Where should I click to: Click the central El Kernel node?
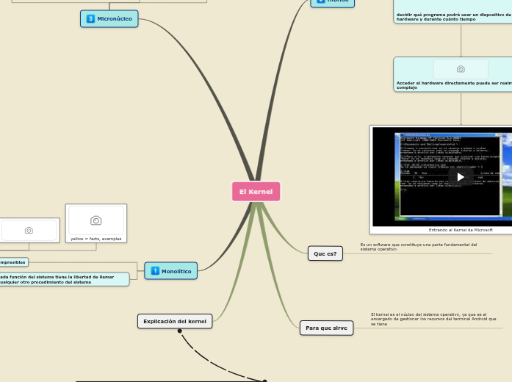pyautogui.click(x=256, y=191)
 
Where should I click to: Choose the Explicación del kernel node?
pyautogui.click(x=175, y=321)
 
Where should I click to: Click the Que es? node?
pyautogui.click(x=325, y=253)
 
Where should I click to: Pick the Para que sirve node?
pyautogui.click(x=326, y=328)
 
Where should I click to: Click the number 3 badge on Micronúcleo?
pyautogui.click(x=90, y=18)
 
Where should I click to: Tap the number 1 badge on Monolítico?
pyautogui.click(x=154, y=271)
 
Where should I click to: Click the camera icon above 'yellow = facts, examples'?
pyautogui.click(x=95, y=220)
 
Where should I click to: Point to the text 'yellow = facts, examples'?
pyautogui.click(x=95, y=239)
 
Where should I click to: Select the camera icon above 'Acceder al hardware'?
pyautogui.click(x=461, y=69)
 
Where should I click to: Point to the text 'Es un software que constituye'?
pyautogui.click(x=418, y=247)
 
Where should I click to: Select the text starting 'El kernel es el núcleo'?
pyautogui.click(x=433, y=319)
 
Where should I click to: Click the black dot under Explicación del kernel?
pyautogui.click(x=180, y=331)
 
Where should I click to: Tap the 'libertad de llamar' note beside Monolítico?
pyautogui.click(x=59, y=279)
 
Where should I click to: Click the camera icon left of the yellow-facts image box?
pyautogui.click(x=29, y=230)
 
